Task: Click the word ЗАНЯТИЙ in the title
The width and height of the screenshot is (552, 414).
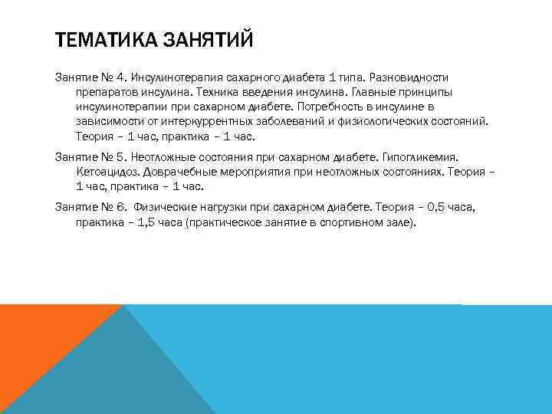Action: coord(208,38)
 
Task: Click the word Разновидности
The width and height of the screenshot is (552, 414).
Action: coord(411,78)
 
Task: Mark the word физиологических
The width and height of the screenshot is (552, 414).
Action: coord(393,122)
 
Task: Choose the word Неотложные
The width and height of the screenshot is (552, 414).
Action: coord(169,156)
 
